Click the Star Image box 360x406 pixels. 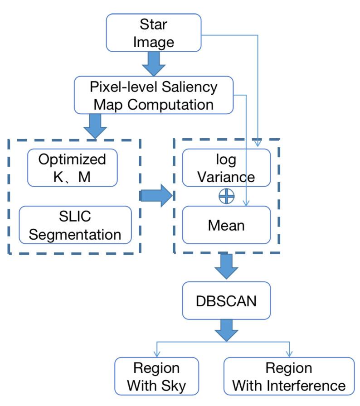153,32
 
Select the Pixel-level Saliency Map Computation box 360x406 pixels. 153,95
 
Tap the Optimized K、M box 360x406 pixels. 72,168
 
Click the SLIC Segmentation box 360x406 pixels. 75,225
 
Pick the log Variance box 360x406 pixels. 226,168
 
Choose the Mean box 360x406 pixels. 226,225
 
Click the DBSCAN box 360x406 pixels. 226,300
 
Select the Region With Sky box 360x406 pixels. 156,376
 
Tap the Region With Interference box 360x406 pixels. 289,376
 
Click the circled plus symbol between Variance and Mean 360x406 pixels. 226,196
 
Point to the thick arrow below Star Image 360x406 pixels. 154,64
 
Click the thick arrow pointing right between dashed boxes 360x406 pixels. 157,195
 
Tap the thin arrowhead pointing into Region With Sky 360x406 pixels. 156,353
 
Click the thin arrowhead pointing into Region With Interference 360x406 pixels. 289,353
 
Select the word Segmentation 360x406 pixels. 75,234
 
